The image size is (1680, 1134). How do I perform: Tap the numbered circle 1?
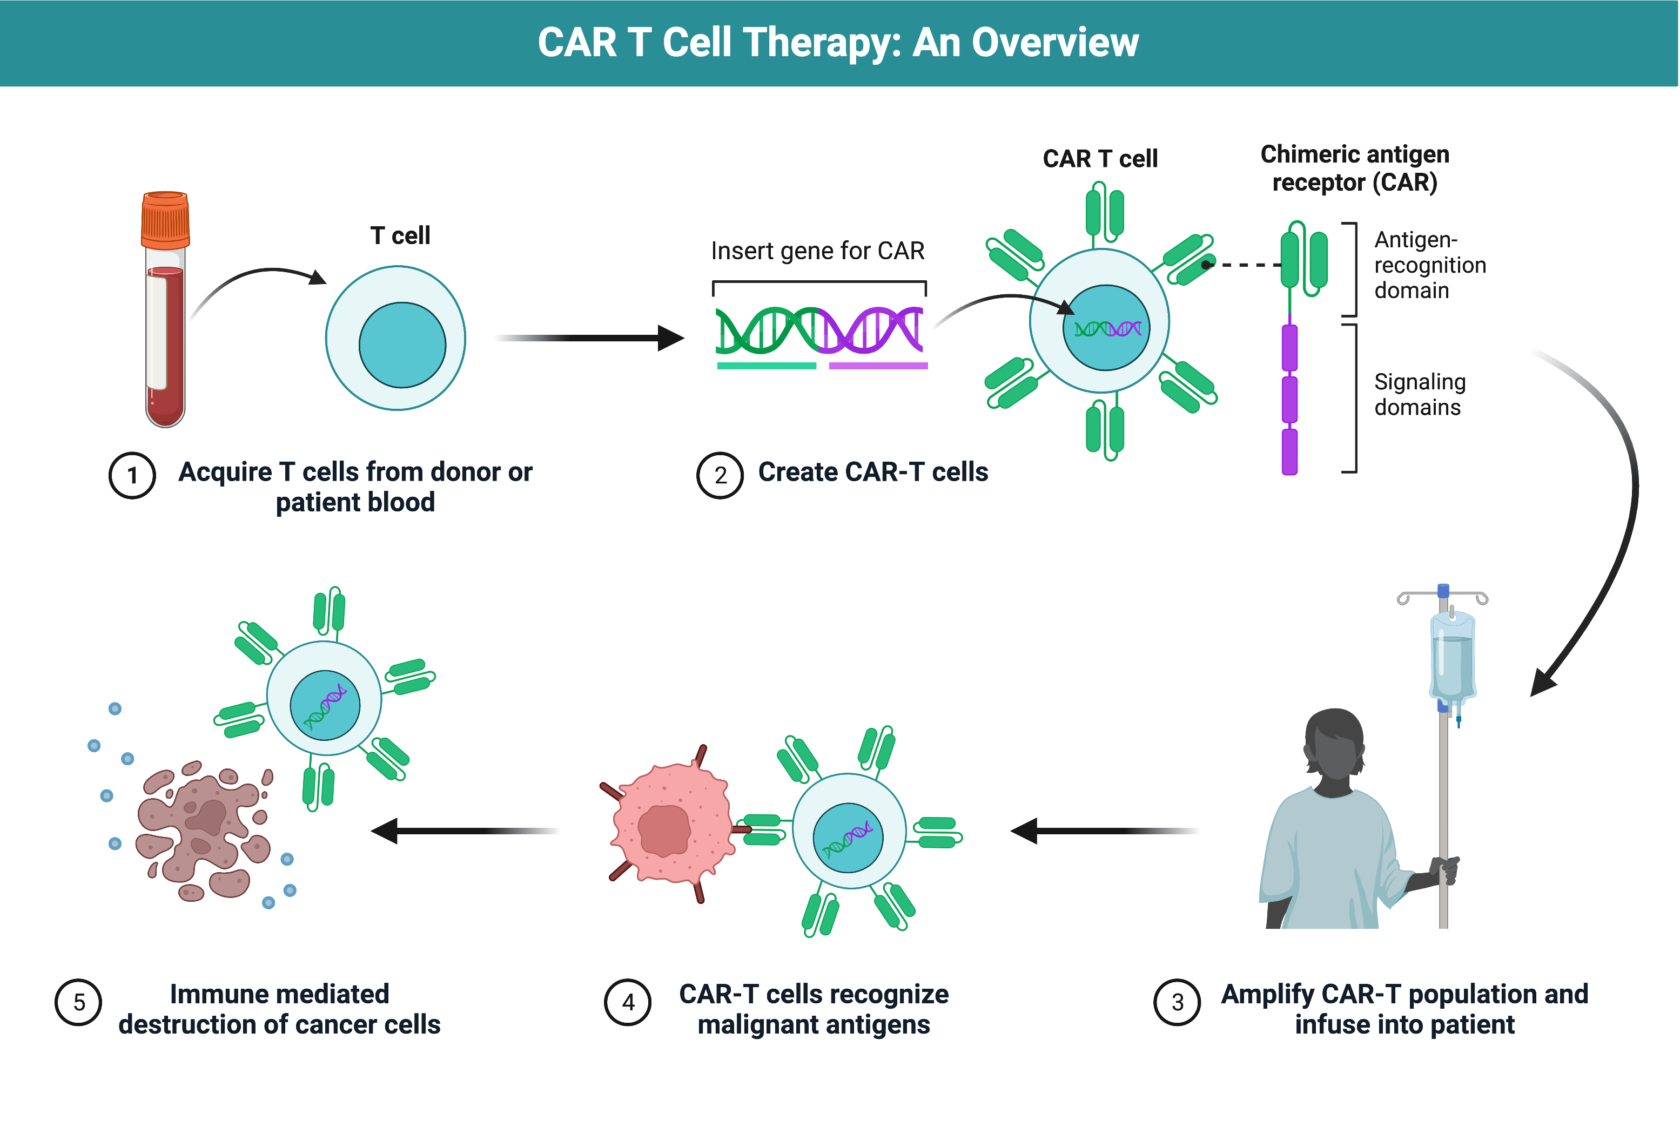point(132,476)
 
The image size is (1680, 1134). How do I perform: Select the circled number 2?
point(720,476)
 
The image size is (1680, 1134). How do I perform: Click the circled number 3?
point(1177,1002)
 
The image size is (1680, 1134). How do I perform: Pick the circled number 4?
point(628,1002)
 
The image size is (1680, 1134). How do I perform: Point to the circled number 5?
point(79,1002)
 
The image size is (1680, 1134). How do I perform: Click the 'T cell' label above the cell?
point(400,235)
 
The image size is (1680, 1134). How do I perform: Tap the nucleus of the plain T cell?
point(402,346)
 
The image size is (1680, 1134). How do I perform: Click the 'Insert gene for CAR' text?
point(817,251)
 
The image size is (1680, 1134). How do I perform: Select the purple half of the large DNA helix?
point(872,330)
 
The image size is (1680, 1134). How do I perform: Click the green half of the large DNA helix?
point(767,330)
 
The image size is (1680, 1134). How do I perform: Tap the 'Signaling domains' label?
point(1419,395)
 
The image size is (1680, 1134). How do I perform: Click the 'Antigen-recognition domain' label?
point(1429,265)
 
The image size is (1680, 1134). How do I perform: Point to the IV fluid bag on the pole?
point(1451,661)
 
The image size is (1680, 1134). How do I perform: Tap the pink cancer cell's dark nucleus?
point(663,831)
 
